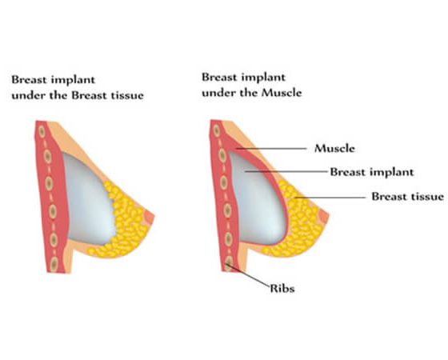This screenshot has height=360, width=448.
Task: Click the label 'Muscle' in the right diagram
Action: click(x=334, y=148)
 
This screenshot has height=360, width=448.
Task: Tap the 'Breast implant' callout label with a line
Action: click(x=372, y=172)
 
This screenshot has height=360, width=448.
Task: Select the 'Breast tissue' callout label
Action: click(x=407, y=197)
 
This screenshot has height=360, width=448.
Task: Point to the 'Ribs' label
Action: click(x=282, y=288)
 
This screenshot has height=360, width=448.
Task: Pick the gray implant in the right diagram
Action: click(x=257, y=200)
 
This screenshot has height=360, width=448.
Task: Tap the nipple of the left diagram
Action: click(x=150, y=218)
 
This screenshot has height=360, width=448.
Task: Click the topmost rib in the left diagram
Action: click(x=42, y=132)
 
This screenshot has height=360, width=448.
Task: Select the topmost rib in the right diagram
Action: click(x=217, y=130)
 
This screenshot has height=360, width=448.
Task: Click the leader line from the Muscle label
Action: click(x=271, y=149)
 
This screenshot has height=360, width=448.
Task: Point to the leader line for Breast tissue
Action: click(x=330, y=197)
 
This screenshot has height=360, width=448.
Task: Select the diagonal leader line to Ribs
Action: click(x=248, y=275)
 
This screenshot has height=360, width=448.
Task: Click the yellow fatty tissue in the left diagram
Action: click(x=126, y=226)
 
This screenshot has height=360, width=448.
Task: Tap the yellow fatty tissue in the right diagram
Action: click(x=303, y=226)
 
